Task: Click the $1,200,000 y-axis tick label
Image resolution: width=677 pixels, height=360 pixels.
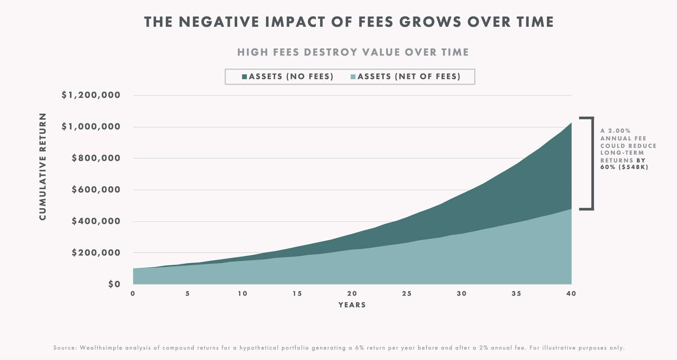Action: (91, 95)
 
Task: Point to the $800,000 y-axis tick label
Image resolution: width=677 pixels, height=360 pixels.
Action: (96, 158)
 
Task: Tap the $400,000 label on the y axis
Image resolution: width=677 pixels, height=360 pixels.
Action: (96, 221)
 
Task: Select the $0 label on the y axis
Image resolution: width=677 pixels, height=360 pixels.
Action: (114, 284)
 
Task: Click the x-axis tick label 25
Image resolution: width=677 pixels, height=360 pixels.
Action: (407, 294)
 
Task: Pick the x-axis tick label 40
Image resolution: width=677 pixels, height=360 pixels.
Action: (571, 294)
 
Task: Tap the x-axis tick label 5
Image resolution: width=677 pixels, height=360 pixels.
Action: (187, 294)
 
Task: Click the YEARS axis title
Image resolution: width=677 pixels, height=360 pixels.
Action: (352, 305)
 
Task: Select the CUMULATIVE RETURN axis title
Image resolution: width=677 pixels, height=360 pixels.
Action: (43, 167)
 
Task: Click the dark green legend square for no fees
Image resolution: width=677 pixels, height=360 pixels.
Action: (245, 77)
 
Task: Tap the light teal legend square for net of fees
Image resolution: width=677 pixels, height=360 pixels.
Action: (353, 77)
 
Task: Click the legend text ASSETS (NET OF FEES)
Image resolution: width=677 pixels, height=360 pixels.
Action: (409, 77)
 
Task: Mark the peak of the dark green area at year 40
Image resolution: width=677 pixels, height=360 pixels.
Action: (571, 123)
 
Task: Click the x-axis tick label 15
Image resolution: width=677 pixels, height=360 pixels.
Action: (297, 294)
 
